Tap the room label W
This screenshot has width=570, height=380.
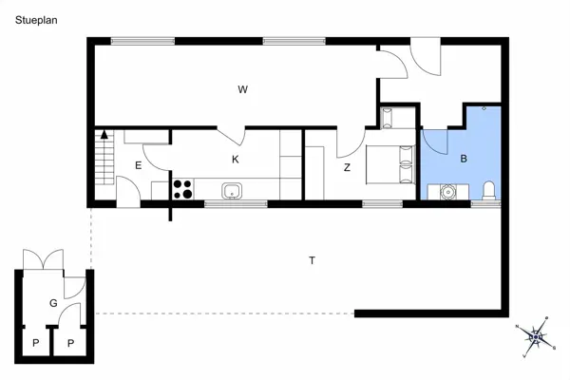[x=243, y=89]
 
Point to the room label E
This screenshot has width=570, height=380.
[x=138, y=166]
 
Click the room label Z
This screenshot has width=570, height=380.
[x=348, y=167]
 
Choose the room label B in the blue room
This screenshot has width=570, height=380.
[x=464, y=159]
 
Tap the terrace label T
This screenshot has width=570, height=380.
[x=312, y=259]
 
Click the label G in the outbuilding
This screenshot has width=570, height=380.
[x=53, y=303]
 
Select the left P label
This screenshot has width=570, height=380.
[x=36, y=343]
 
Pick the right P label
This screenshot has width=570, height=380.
[x=70, y=343]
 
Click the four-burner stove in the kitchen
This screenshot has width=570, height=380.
[x=181, y=189]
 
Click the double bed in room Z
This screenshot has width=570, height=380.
[x=391, y=165]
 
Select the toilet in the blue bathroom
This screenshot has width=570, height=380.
[x=488, y=191]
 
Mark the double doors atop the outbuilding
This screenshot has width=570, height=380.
[x=43, y=258]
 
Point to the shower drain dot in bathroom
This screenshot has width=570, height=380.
[x=484, y=110]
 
